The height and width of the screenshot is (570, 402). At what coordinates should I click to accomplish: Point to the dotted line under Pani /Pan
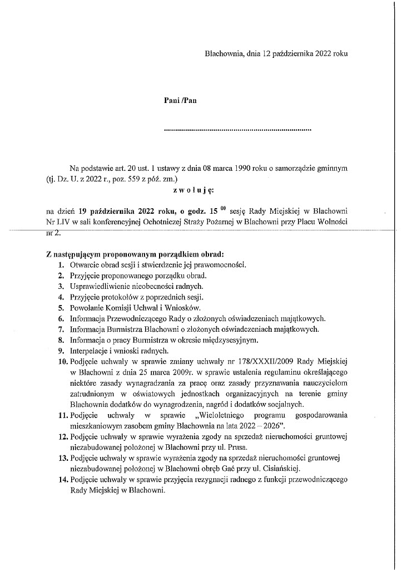click(x=238, y=130)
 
